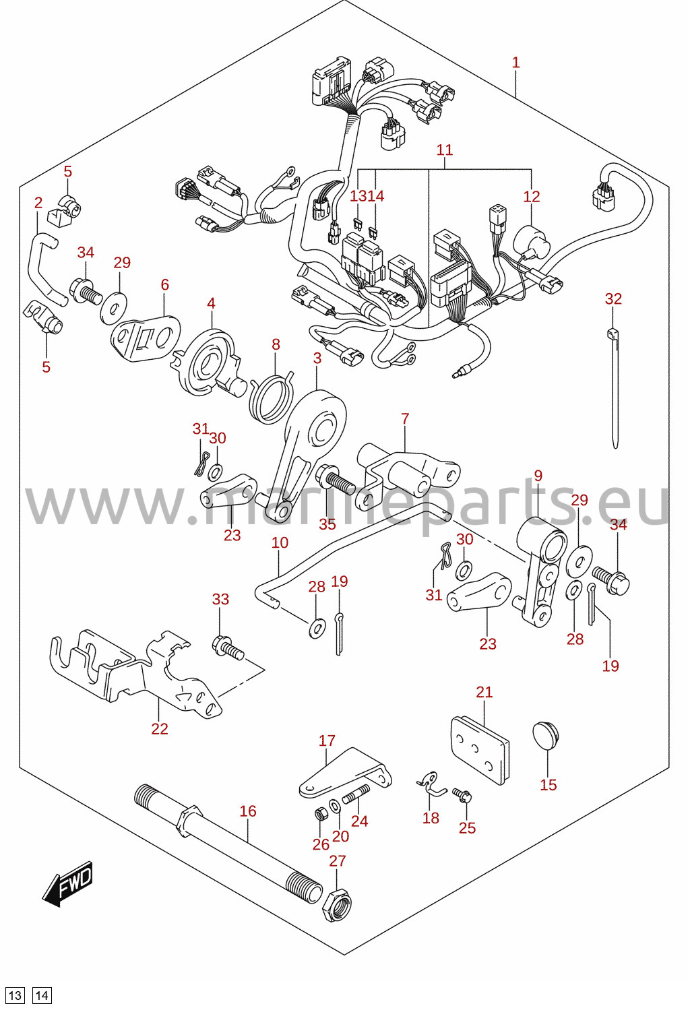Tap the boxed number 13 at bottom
[15, 995]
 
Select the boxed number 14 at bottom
[42, 995]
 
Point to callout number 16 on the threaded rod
[247, 812]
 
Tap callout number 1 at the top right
[516, 62]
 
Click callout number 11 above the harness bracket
[445, 150]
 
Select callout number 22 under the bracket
[159, 729]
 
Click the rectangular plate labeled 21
[480, 749]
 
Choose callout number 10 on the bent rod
[280, 542]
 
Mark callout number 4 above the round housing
[211, 303]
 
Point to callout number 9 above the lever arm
[538, 476]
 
